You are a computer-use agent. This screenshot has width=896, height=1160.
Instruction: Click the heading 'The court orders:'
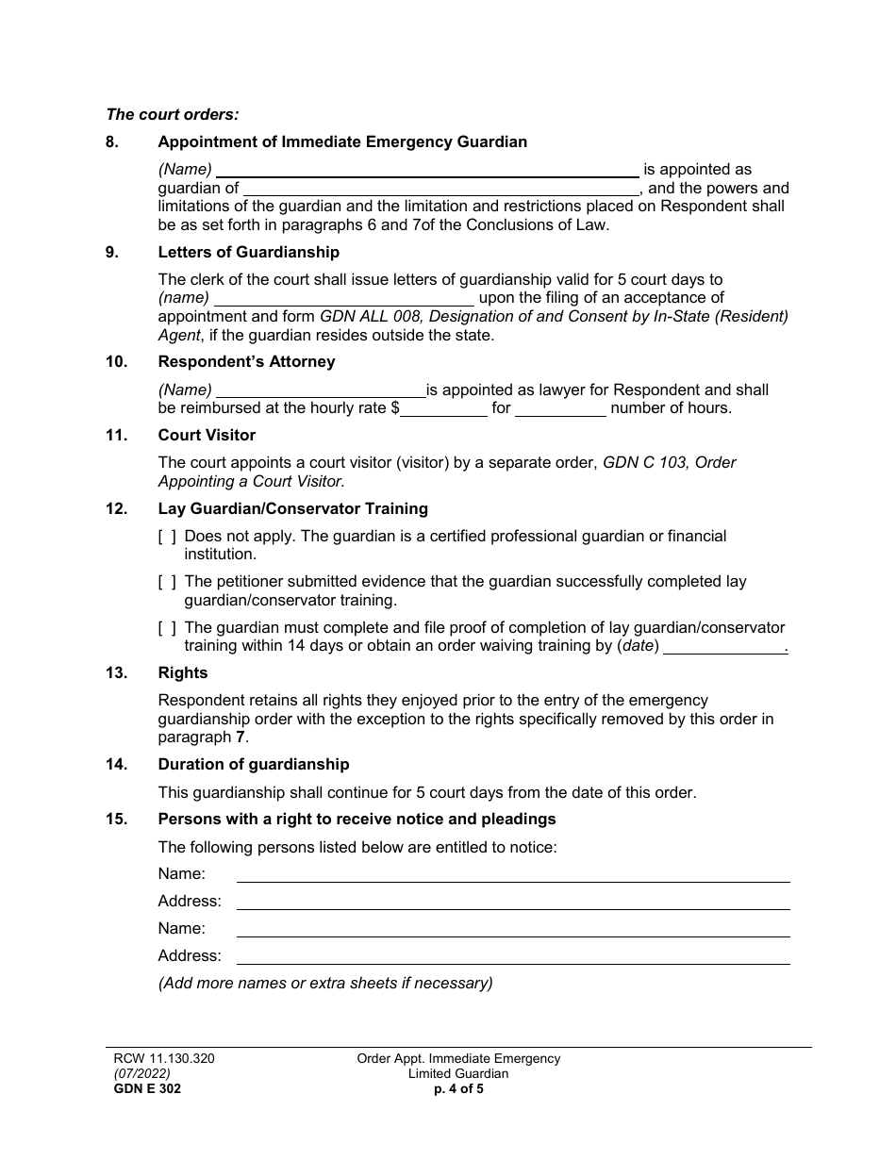click(173, 114)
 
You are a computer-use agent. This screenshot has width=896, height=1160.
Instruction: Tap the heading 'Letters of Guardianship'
click(248, 253)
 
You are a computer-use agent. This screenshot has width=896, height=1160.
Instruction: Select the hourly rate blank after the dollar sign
click(443, 408)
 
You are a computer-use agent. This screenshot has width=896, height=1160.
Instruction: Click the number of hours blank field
click(560, 408)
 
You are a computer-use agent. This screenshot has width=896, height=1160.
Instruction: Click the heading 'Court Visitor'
click(207, 436)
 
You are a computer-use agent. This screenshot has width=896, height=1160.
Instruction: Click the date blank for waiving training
click(725, 647)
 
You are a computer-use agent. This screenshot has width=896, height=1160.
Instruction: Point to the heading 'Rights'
click(183, 673)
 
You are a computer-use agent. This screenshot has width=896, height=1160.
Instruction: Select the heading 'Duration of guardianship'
click(253, 765)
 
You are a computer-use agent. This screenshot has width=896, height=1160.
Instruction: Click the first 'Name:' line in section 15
click(512, 874)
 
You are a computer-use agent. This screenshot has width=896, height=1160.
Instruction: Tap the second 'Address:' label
click(190, 955)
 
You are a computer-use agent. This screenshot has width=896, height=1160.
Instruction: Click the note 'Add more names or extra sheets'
click(325, 983)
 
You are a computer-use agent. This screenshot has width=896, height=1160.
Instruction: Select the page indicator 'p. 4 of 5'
click(458, 1088)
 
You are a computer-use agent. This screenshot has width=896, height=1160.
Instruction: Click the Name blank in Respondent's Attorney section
click(322, 390)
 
